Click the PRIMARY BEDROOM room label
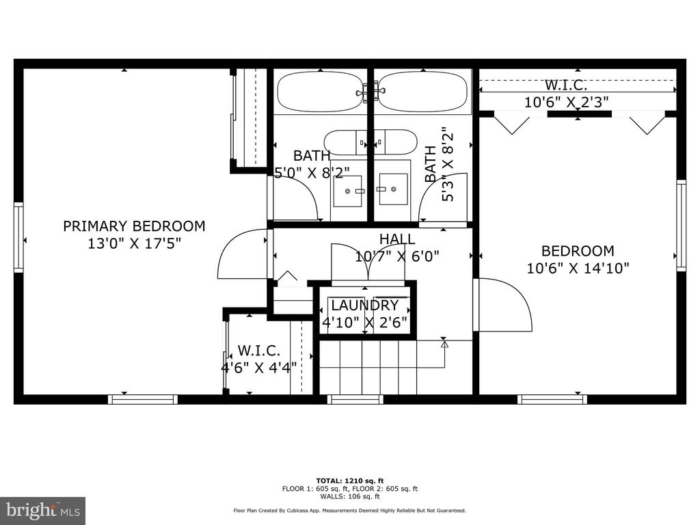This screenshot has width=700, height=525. tap(134, 226)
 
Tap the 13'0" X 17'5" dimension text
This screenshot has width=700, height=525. tap(134, 244)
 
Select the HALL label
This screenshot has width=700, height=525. tap(397, 239)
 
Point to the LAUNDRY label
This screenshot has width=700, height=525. tap(365, 306)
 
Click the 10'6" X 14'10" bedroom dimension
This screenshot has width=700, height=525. tap(578, 268)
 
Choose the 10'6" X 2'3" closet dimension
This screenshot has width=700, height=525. tap(566, 103)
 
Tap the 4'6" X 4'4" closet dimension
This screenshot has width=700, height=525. tap(259, 368)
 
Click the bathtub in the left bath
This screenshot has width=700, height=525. tap(321, 92)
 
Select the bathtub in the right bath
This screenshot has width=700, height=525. tap(422, 92)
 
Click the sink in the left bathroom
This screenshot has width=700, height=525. tap(348, 191)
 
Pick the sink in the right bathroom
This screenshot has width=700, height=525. tap(393, 189)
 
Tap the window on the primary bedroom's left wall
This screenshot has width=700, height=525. tap(18, 237)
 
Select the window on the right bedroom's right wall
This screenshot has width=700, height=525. tap(682, 226)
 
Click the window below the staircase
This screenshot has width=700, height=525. tap(355, 399)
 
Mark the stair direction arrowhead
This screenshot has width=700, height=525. tap(444, 345)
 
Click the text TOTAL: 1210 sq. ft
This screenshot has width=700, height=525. tap(350, 481)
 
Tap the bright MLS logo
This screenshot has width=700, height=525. tap(43, 511)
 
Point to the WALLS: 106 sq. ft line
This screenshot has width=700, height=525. tap(350, 496)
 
